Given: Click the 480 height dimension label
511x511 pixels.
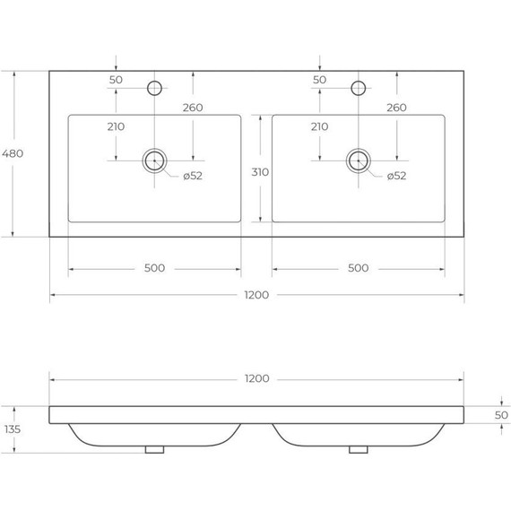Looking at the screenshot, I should (x=13, y=153).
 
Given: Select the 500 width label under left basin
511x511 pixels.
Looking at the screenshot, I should (x=155, y=268).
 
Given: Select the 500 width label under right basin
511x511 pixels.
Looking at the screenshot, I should (x=359, y=268).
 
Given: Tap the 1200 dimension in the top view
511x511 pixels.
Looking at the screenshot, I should (x=256, y=295).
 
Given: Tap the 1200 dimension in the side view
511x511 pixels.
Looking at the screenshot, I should (x=256, y=378).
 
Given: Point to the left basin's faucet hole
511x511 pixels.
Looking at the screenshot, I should (x=154, y=88).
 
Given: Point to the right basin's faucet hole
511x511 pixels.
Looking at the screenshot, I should (x=359, y=88).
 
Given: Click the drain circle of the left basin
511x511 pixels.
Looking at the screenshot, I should (x=154, y=160).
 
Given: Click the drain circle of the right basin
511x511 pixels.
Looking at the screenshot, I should (x=359, y=160).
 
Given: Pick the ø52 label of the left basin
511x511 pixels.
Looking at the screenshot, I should (x=193, y=176).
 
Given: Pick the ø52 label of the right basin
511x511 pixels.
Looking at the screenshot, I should (x=396, y=176).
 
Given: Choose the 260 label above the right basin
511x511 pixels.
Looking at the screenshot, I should (x=396, y=108).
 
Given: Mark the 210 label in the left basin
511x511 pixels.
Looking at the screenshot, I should (x=116, y=126).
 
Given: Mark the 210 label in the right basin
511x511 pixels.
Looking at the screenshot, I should (x=319, y=126).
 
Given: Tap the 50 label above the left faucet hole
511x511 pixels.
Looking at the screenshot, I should (x=116, y=81).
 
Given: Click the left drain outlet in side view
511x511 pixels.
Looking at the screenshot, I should (x=154, y=449).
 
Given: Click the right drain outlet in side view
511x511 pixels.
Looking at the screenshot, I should (x=359, y=449).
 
